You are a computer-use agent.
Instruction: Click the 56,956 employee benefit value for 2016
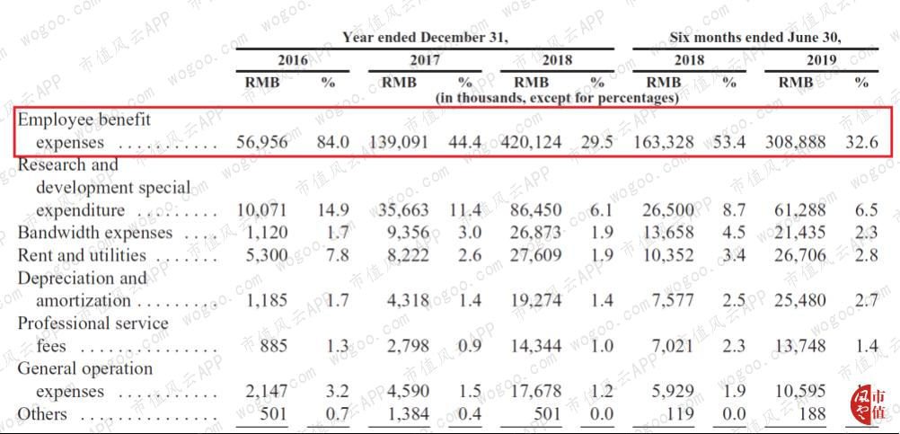[x=261, y=142]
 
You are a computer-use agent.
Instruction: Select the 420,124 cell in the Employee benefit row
[x=531, y=142]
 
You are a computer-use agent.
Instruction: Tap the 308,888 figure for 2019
[x=796, y=142]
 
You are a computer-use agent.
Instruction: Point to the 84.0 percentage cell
[x=333, y=142]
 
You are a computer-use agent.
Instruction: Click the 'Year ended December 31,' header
[x=426, y=38]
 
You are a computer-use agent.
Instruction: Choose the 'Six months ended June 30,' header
[x=755, y=38]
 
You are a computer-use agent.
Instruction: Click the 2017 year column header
[x=425, y=59]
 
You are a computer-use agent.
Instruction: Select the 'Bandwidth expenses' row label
[x=94, y=233]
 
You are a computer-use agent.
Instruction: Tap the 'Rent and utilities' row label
[x=82, y=255]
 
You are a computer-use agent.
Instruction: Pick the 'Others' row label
[x=42, y=414]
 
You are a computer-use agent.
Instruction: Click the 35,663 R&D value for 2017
[x=403, y=210]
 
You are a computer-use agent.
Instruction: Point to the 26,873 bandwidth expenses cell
[x=536, y=233]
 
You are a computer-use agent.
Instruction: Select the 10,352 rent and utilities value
[x=668, y=255]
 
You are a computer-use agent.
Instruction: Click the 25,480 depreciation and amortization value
[x=800, y=300]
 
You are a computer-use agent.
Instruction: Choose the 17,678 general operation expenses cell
[x=536, y=392]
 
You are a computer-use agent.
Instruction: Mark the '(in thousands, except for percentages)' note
[x=557, y=98]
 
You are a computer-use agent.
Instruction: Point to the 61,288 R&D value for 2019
[x=800, y=210]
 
